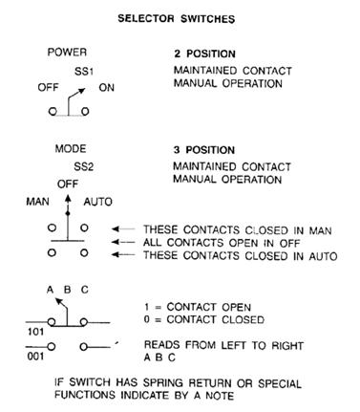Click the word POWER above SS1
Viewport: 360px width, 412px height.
point(67,53)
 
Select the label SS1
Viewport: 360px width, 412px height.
point(85,71)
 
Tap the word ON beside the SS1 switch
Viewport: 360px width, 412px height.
point(108,86)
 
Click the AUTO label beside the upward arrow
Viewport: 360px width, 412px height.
point(98,203)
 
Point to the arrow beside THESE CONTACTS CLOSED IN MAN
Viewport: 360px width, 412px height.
point(123,229)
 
